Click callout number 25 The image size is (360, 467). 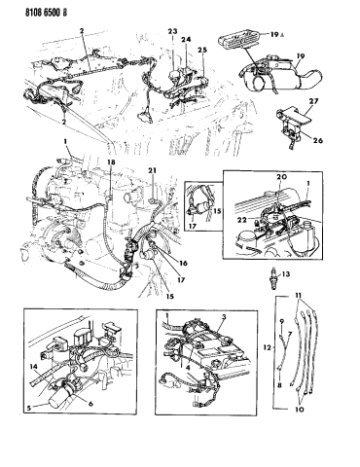pos(202,50)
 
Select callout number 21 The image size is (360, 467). pos(152,172)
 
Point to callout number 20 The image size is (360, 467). pos(282,178)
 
